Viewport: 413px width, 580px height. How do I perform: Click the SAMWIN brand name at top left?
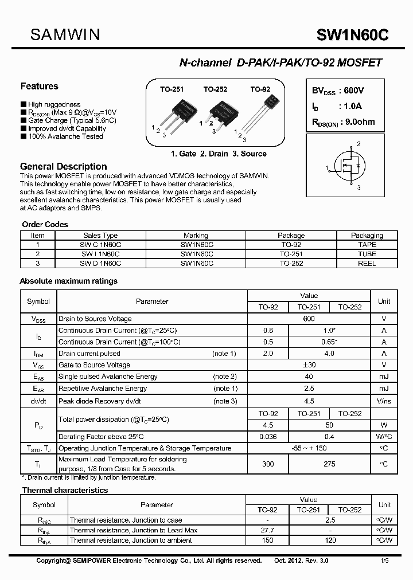pyautogui.click(x=65, y=35)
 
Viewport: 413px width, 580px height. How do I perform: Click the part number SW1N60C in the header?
pyautogui.click(x=352, y=36)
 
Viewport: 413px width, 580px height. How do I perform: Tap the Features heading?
pyautogui.click(x=40, y=87)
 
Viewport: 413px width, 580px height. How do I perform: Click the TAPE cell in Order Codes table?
pyautogui.click(x=367, y=244)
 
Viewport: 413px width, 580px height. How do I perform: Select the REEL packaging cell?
pyautogui.click(x=367, y=264)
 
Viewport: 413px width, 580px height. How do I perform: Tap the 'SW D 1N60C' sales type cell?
pyautogui.click(x=100, y=264)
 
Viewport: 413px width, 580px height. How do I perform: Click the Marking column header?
pyautogui.click(x=196, y=235)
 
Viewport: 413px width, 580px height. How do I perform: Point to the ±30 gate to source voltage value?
pyautogui.click(x=309, y=365)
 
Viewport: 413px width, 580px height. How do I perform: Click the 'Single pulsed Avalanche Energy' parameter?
pyautogui.click(x=108, y=377)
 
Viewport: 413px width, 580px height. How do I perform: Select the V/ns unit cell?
pyautogui.click(x=384, y=401)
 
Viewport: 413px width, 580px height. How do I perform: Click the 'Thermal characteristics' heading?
pyautogui.click(x=65, y=491)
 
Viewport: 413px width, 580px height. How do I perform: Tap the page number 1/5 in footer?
pyautogui.click(x=383, y=560)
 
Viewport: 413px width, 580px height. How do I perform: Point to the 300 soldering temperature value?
pyautogui.click(x=268, y=464)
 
